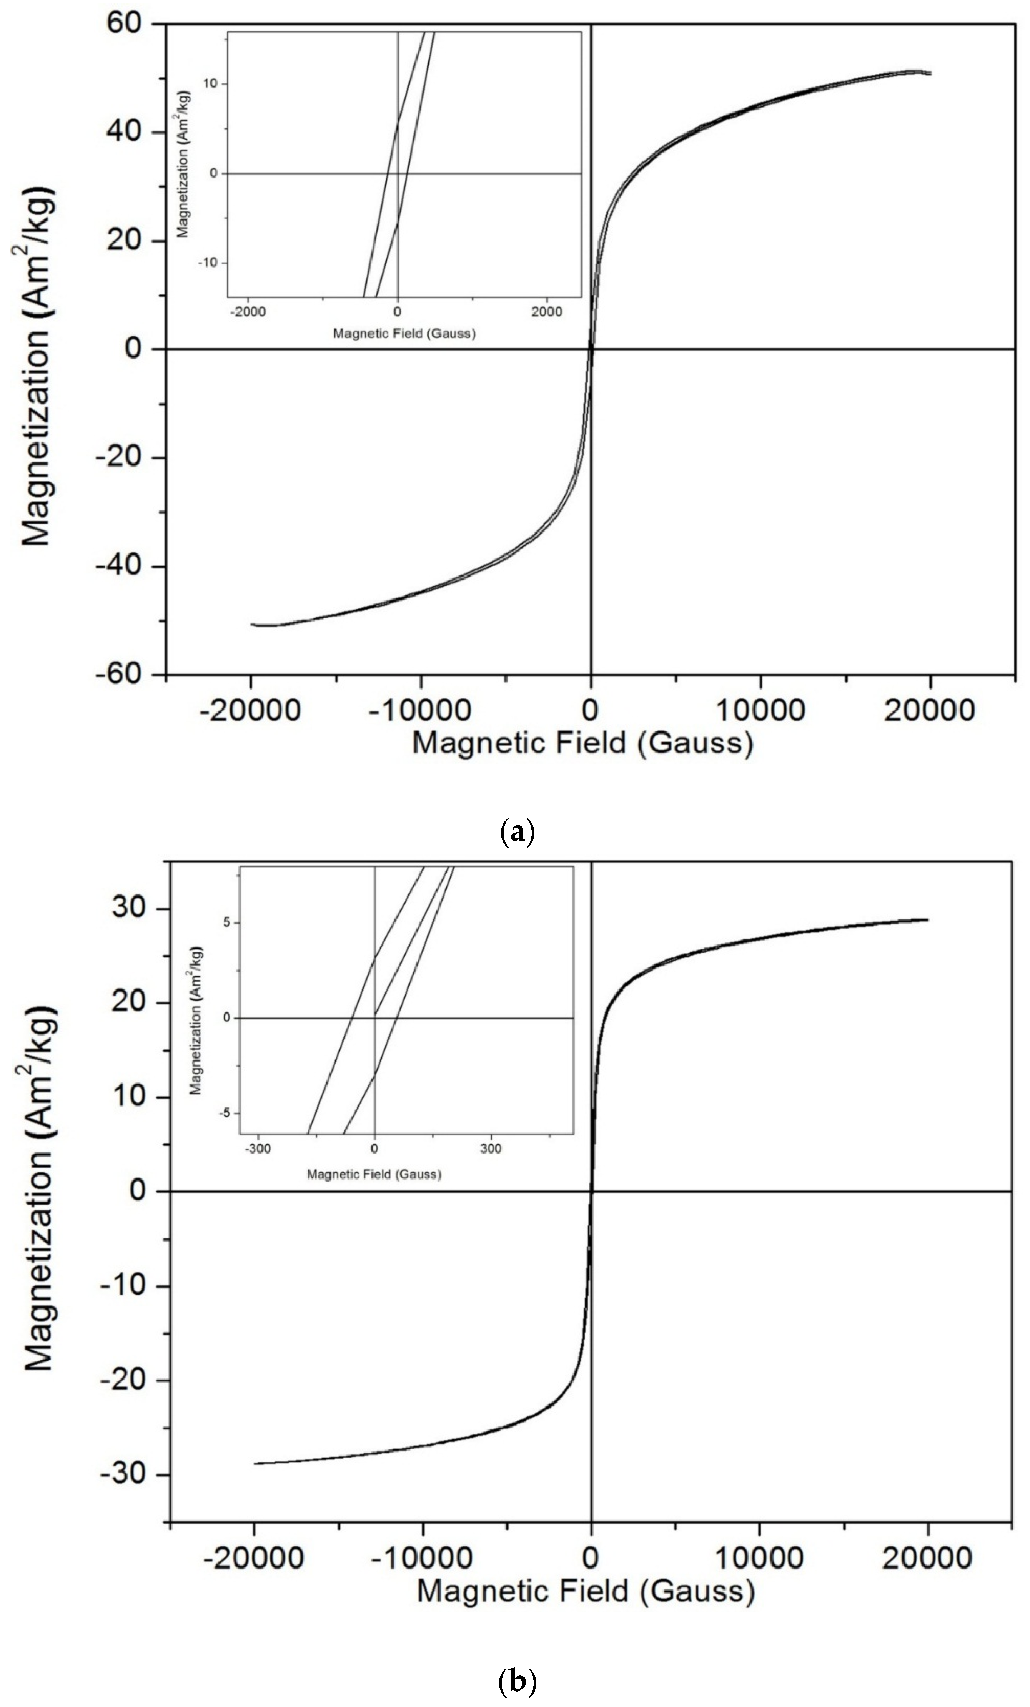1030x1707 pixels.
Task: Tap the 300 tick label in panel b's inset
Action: tap(491, 1149)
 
